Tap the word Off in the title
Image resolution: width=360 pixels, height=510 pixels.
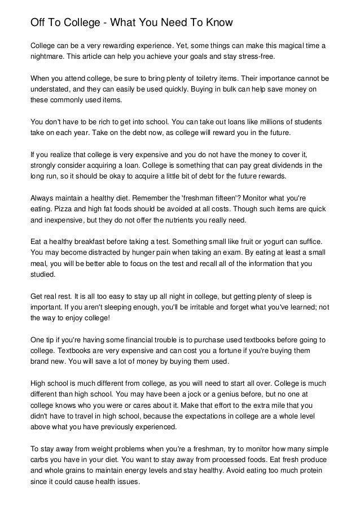pyautogui.click(x=38, y=23)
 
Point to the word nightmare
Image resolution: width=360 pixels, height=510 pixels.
pyautogui.click(x=49, y=56)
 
